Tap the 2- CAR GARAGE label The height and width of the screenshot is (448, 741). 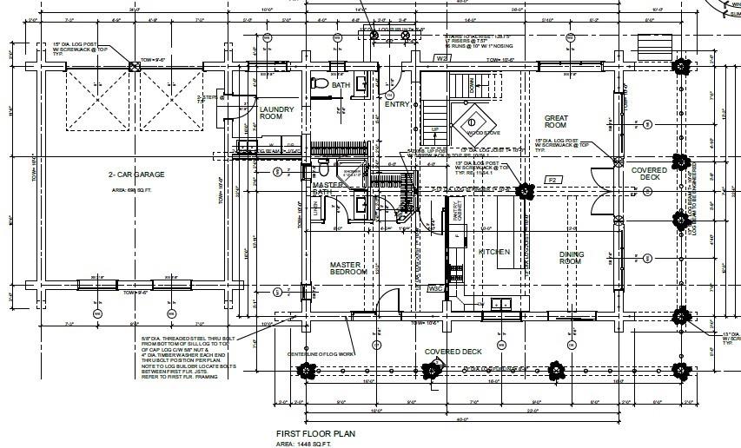coord(136,175)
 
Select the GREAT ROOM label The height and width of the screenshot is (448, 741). coord(556,122)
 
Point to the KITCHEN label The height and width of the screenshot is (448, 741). coord(494,252)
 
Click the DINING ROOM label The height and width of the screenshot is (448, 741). coord(571,258)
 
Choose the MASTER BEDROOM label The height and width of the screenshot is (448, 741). coord(348,268)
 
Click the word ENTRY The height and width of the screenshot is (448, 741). coord(397,104)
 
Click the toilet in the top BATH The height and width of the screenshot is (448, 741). coord(318,84)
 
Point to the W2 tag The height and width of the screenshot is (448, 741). coord(442,58)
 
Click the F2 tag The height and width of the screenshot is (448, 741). coord(551,180)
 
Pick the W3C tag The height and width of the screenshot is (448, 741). coord(436,290)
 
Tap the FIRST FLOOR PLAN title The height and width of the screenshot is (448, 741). coord(315,433)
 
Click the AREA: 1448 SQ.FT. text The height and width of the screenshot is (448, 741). coord(304,444)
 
